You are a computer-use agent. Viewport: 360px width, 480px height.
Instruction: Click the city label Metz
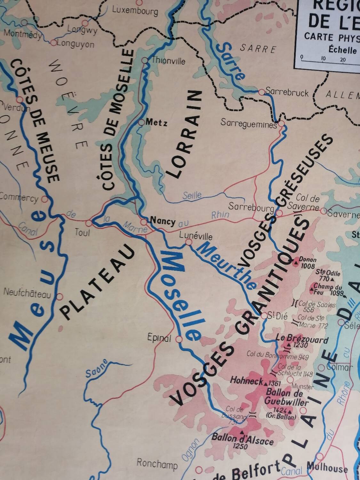(156, 122)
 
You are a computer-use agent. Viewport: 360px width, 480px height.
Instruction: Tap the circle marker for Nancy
(144, 221)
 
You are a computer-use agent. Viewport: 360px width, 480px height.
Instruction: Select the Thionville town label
(168, 60)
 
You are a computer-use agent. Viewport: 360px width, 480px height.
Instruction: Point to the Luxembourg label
(135, 11)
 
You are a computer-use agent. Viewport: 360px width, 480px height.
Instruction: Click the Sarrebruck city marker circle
(262, 92)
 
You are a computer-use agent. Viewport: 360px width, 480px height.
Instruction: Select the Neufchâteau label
(27, 293)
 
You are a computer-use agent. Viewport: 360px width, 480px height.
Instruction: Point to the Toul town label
(82, 232)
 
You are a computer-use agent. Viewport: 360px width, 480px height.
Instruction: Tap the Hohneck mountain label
(246, 381)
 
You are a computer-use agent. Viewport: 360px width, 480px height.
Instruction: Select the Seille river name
(192, 195)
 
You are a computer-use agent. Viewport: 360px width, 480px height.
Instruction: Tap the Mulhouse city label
(327, 468)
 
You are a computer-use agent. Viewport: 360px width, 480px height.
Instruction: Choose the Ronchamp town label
(157, 464)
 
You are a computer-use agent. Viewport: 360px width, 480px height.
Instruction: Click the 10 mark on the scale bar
(323, 59)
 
